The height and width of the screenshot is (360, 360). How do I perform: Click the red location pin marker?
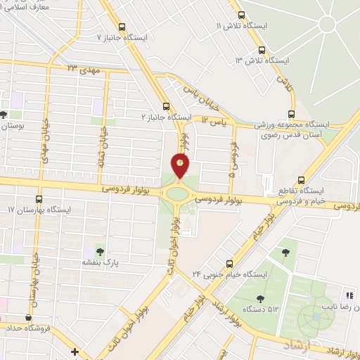click(181, 164)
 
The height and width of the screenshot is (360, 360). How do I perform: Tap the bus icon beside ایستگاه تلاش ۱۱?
click(242, 14)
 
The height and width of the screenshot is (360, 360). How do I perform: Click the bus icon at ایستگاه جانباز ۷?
click(122, 26)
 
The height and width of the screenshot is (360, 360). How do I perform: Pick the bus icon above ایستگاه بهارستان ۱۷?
click(39, 199)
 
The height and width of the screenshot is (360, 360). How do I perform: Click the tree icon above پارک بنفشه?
click(99, 251)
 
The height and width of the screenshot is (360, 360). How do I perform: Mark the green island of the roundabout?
click(177, 192)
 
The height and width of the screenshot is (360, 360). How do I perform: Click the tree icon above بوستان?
click(4, 114)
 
